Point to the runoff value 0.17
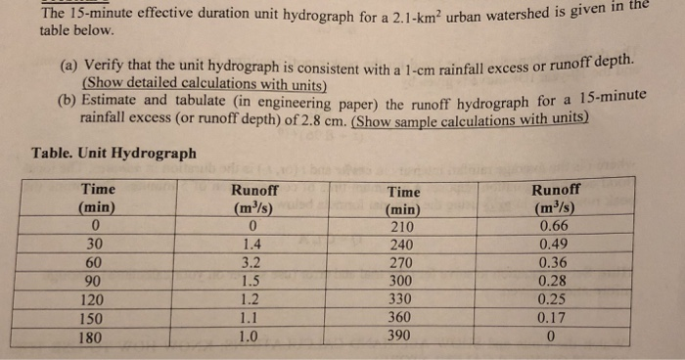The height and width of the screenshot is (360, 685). click(554, 317)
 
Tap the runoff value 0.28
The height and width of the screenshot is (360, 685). click(554, 281)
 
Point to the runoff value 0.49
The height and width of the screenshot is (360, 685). click(554, 246)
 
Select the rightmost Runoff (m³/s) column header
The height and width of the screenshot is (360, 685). click(555, 199)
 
